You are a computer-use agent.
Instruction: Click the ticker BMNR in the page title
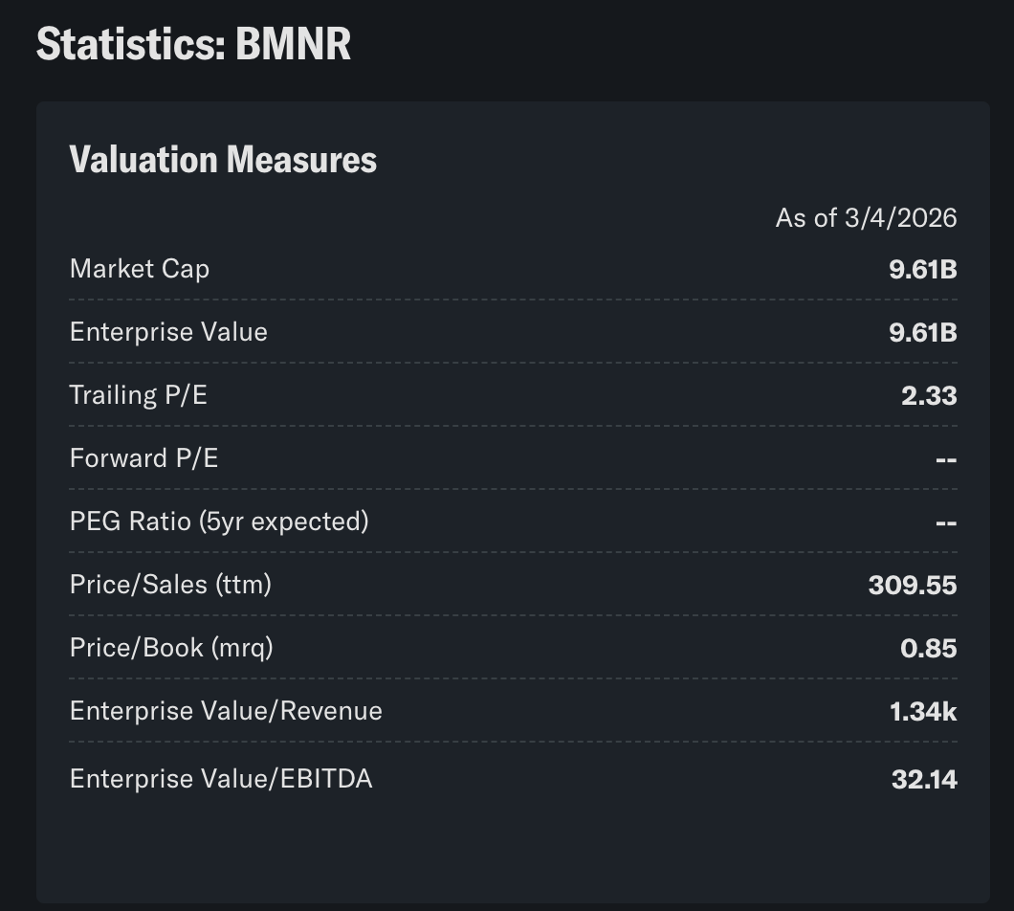[x=293, y=44]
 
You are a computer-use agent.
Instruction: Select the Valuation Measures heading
[x=223, y=160]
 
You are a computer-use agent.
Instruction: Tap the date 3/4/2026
[x=900, y=218]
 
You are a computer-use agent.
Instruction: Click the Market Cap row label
[x=140, y=269]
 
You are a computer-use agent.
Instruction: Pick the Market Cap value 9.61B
[x=922, y=269]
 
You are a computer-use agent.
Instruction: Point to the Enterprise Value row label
[x=168, y=332]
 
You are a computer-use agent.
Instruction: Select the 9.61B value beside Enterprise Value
[x=922, y=332]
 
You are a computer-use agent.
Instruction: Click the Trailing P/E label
[x=139, y=395]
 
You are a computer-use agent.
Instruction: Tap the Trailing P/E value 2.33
[x=929, y=395]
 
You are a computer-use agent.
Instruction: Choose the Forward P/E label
[x=143, y=458]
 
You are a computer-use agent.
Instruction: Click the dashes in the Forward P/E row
[x=945, y=459]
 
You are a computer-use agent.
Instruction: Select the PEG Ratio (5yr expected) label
[x=219, y=522]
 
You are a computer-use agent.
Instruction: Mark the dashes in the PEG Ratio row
[x=945, y=522]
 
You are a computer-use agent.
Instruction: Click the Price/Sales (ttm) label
[x=170, y=585]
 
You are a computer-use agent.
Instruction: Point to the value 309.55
[x=912, y=585]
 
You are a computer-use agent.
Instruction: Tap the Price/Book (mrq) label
[x=171, y=648]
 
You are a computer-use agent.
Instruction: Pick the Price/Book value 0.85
[x=928, y=648]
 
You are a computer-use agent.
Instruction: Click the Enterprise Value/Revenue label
[x=226, y=711]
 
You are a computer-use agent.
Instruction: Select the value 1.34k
[x=923, y=711]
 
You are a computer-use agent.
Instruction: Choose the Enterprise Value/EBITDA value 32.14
[x=924, y=779]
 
